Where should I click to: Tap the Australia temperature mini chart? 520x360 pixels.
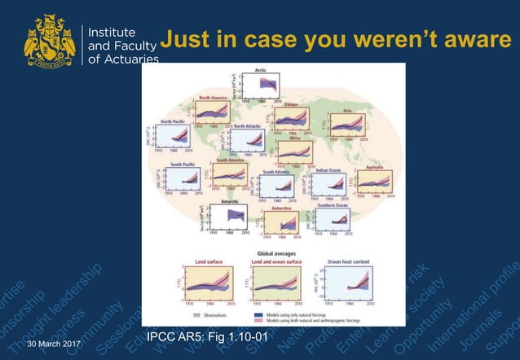pyautogui.click(x=375, y=182)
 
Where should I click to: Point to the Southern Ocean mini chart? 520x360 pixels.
pyautogui.click(x=336, y=221)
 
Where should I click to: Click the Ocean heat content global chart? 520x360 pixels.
pyautogui.click(x=348, y=283)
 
